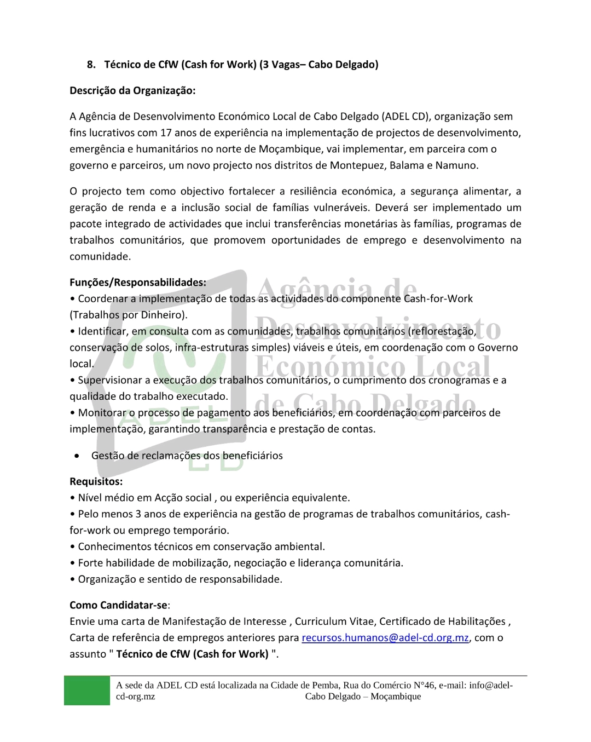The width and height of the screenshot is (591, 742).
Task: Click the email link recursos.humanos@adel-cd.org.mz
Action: point(385,637)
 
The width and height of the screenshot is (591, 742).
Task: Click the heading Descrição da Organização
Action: point(132,90)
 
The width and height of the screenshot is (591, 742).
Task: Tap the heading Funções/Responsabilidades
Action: point(137,283)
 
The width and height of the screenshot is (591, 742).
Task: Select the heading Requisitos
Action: point(96,481)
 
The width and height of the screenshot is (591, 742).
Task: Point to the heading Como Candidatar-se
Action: point(118,605)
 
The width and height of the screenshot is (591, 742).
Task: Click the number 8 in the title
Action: point(90,65)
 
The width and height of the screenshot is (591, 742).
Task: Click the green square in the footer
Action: point(86,691)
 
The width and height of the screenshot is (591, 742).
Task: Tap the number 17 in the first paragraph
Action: point(166,133)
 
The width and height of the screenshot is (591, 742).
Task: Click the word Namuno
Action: point(456,165)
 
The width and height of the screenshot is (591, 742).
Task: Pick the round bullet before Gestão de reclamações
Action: point(78,456)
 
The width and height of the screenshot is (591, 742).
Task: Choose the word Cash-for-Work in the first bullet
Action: point(438,298)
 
